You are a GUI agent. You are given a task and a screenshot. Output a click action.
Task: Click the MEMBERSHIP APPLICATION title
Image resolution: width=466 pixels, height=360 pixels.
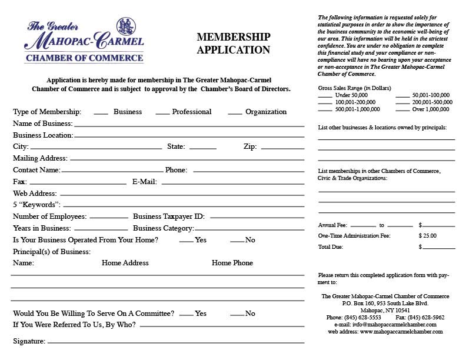pyautogui.click(x=233, y=44)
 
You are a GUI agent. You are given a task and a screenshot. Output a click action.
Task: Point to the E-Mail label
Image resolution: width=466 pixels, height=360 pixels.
pyautogui.click(x=144, y=182)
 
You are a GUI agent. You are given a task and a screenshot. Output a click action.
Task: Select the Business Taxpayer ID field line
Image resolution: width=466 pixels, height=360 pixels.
pyautogui.click(x=257, y=218)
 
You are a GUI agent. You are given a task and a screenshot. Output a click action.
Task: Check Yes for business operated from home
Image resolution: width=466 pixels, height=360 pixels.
pyautogui.click(x=186, y=241)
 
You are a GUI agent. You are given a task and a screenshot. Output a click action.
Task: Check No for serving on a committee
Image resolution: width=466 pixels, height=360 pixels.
pyautogui.click(x=237, y=315)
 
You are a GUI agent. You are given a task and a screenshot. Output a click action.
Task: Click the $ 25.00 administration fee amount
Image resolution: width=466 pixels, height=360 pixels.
pyautogui.click(x=428, y=236)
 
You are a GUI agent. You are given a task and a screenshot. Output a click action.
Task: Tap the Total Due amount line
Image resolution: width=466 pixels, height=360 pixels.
pyautogui.click(x=438, y=248)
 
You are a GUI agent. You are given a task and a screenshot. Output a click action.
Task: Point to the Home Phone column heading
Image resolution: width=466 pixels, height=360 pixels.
pyautogui.click(x=232, y=263)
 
